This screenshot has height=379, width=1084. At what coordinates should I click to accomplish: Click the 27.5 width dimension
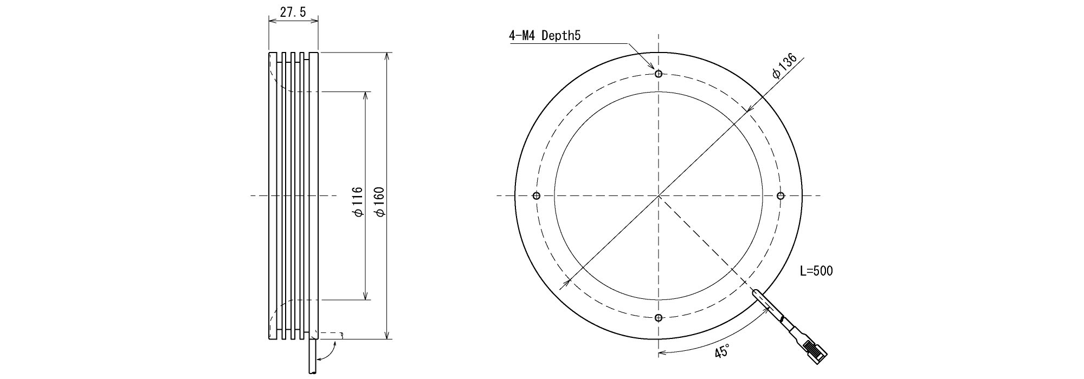(x=293, y=12)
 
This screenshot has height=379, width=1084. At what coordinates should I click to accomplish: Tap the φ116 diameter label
(x=357, y=202)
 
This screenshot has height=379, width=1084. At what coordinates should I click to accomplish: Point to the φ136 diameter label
(x=784, y=66)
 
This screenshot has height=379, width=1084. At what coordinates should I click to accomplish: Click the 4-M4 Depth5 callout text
(x=545, y=36)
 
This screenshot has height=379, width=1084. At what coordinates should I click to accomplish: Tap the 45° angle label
(x=722, y=351)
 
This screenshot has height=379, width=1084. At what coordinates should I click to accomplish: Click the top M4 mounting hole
(x=659, y=74)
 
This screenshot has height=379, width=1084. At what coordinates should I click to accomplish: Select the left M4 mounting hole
(x=537, y=195)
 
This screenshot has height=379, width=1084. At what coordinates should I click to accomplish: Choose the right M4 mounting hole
(x=780, y=195)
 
